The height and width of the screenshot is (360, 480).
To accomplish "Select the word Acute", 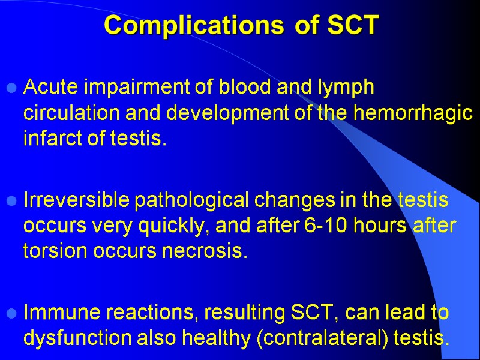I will pos(50,88).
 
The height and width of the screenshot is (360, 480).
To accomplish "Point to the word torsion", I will pos(52,251).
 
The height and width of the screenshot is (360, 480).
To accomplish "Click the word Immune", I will pos(58,312).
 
